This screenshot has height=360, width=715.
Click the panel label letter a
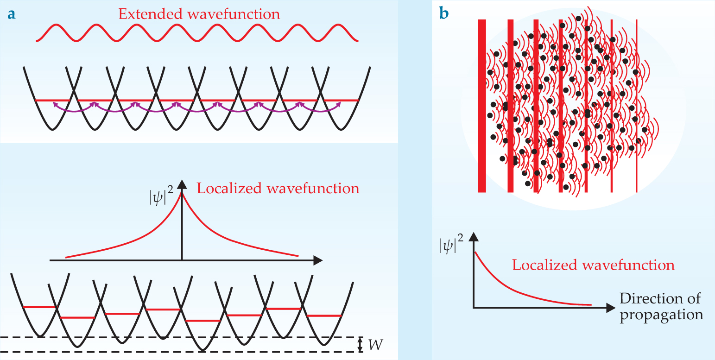tap(12, 14)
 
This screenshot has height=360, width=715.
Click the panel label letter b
tap(444, 14)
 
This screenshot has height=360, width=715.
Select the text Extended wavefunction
tap(199, 14)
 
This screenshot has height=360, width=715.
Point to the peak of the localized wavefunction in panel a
tap(182, 194)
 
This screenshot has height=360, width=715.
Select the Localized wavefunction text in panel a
tap(278, 189)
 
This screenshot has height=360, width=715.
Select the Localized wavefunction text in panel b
tap(593, 265)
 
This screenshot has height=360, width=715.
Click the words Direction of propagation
tap(661, 306)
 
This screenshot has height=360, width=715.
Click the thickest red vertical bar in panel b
tap(482, 106)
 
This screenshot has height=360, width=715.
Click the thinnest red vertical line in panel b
tap(637, 106)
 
